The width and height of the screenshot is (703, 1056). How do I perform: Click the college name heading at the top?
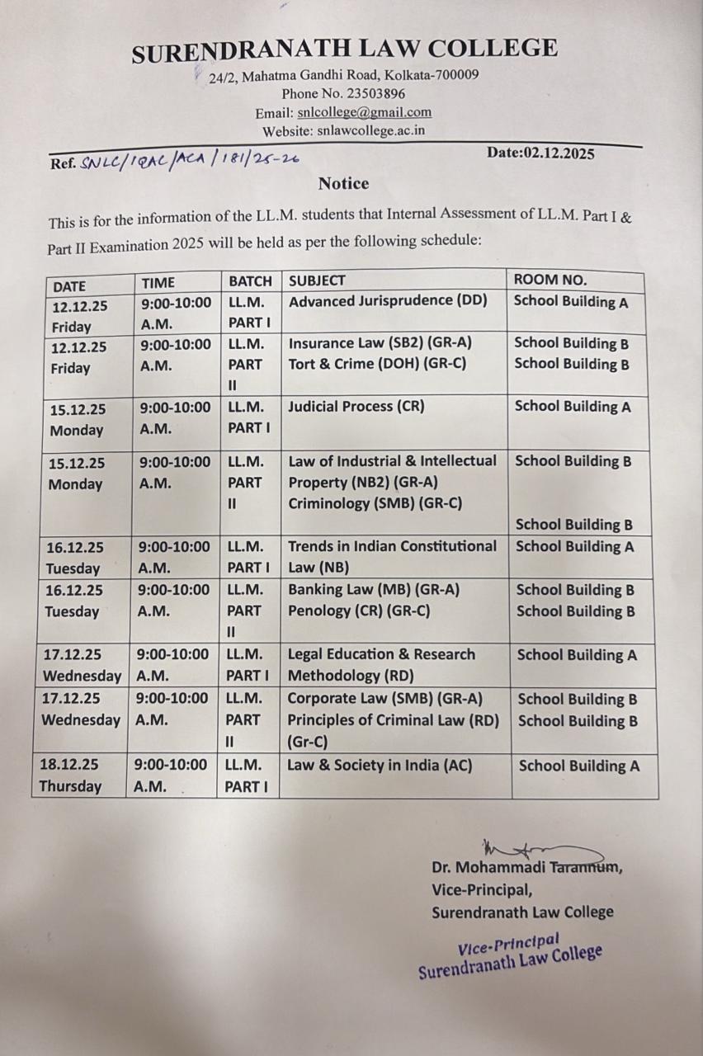(344, 50)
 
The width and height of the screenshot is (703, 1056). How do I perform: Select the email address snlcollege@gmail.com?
(364, 113)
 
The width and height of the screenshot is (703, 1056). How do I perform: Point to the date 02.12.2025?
(559, 153)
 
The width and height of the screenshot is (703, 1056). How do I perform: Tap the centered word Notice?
(343, 183)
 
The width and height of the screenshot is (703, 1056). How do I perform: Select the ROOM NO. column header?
(550, 280)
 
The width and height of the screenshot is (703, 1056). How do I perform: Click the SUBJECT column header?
(318, 280)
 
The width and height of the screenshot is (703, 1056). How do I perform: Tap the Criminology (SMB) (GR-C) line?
(375, 502)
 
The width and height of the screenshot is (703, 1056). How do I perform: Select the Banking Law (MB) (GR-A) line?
(373, 590)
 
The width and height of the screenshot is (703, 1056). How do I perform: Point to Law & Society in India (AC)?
(380, 766)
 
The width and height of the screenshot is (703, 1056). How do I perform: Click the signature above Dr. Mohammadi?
(536, 851)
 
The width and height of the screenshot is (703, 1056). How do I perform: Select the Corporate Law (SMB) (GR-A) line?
(385, 699)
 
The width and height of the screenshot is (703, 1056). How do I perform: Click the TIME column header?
(158, 282)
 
